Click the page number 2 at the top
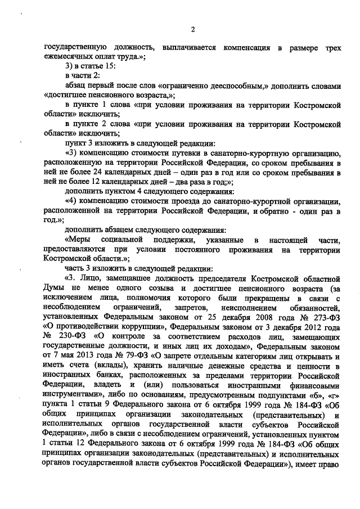point(192,29)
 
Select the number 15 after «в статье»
point(110,67)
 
